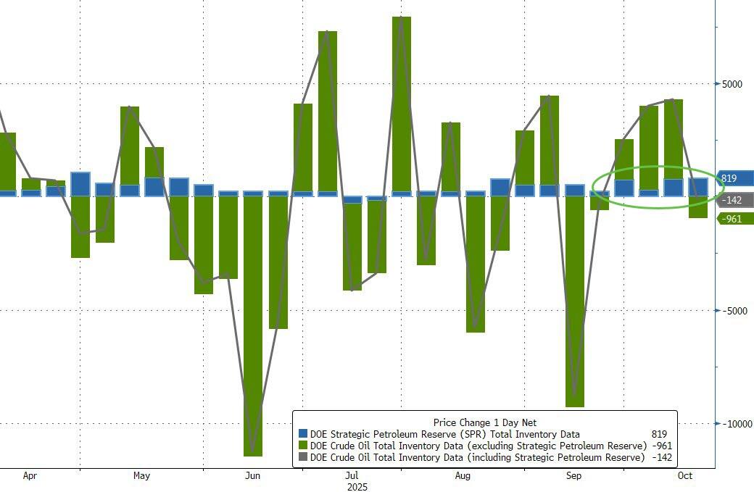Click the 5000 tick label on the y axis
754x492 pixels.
coord(732,84)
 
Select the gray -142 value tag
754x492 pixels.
coord(734,199)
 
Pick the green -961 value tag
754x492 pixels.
coord(734,218)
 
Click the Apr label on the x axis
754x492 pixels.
coord(30,476)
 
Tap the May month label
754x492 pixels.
coord(141,476)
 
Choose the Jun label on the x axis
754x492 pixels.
coord(252,476)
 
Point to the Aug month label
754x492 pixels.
coord(463,476)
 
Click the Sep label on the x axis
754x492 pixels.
coord(573,476)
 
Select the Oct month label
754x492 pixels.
coord(684,476)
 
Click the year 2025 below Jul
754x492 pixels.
coord(357,487)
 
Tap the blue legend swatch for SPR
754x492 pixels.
coord(302,435)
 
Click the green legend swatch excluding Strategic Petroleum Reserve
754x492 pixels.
coord(302,446)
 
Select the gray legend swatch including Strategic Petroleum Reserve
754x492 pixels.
coord(302,458)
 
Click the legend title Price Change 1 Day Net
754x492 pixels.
coord(484,422)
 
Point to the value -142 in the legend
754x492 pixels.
coord(660,458)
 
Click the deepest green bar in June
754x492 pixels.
coord(253,326)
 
